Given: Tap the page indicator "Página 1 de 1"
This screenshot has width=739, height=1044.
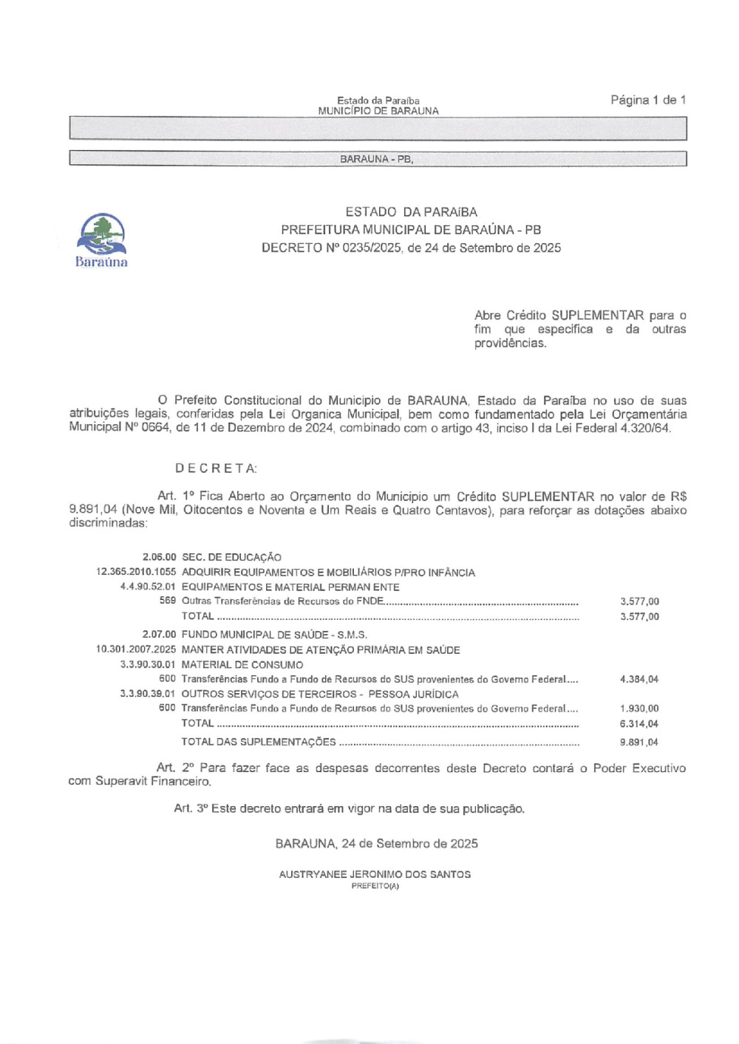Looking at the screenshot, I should coord(648,100).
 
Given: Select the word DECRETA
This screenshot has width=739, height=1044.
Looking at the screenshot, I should coord(216,468).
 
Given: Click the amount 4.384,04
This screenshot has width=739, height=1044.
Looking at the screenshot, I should coord(639,679).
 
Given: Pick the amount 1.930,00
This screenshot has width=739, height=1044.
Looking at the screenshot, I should coord(639,709).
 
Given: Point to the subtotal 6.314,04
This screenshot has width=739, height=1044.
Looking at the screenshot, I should coord(639,724).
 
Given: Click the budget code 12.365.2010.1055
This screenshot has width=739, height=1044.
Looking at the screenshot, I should coord(136,572).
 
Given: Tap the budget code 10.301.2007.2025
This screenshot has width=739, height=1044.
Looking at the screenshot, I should coord(136,649).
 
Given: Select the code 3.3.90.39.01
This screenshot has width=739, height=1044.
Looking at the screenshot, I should coord(148,694).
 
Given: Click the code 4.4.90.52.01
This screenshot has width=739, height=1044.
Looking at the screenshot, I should coord(148,587).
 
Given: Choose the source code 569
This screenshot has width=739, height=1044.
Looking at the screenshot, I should coord(168,601).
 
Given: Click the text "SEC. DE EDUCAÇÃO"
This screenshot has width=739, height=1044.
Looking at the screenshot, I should coord(231,557).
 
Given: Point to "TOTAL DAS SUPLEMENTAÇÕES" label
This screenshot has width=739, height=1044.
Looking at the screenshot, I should coord(258,742).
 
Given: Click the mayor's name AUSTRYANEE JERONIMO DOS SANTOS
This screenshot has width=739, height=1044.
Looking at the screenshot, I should coord(375,874).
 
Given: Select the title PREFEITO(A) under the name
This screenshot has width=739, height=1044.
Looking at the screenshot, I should coord(375,886).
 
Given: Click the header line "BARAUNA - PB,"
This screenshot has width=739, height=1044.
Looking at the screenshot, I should coord(377,159).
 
